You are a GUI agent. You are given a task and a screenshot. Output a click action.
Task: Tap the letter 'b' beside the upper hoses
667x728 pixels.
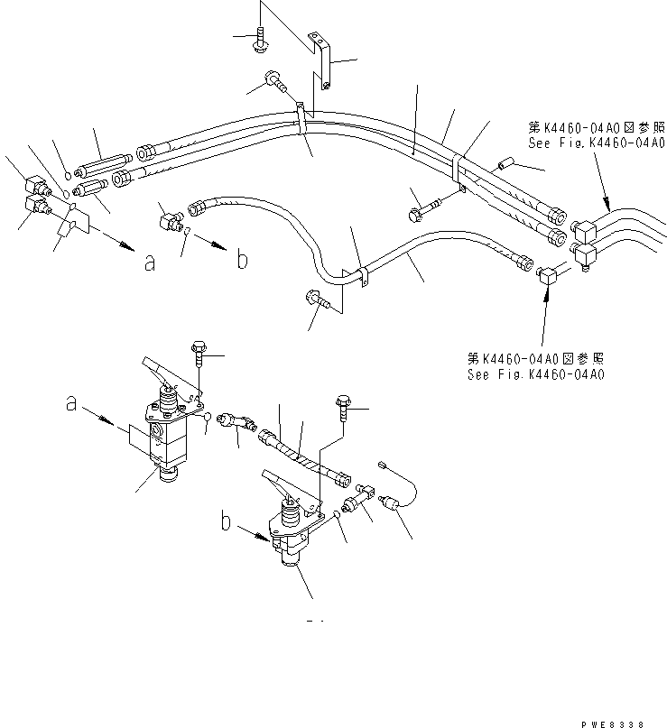(x=242, y=261)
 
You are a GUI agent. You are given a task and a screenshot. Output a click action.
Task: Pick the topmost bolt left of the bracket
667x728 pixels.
(x=260, y=37)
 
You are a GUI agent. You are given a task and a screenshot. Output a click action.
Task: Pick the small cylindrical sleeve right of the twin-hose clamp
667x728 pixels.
(x=504, y=166)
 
